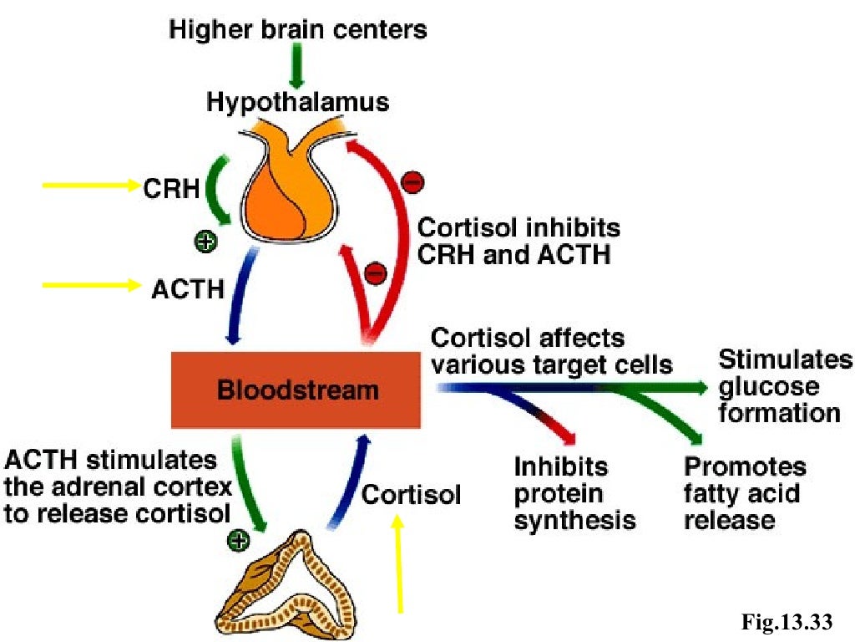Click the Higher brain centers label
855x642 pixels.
[x=298, y=30]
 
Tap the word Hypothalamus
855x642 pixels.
[x=298, y=103]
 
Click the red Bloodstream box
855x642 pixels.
[x=296, y=390]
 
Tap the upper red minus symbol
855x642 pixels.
[x=412, y=181]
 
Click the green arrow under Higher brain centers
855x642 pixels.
[x=297, y=66]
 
